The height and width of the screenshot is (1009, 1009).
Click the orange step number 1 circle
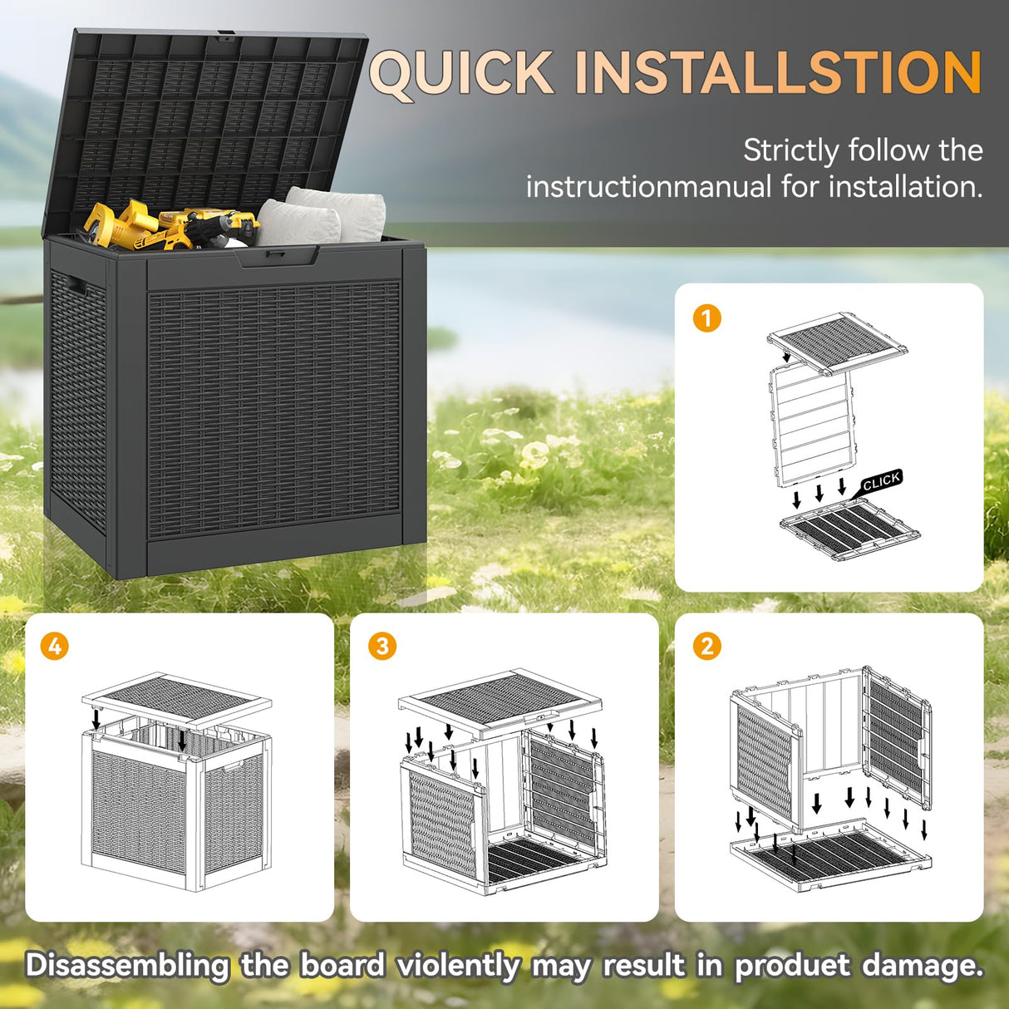pos(706,318)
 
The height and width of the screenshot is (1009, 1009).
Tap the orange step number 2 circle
pos(706,646)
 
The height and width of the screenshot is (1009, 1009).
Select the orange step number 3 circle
pos(382,646)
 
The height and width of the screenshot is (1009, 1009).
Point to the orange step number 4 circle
pos(55,646)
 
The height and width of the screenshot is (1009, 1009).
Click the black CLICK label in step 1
pos(881,482)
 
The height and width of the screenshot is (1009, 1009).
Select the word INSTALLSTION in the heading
pos(778,73)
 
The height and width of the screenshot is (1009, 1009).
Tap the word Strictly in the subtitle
pos(790,150)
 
